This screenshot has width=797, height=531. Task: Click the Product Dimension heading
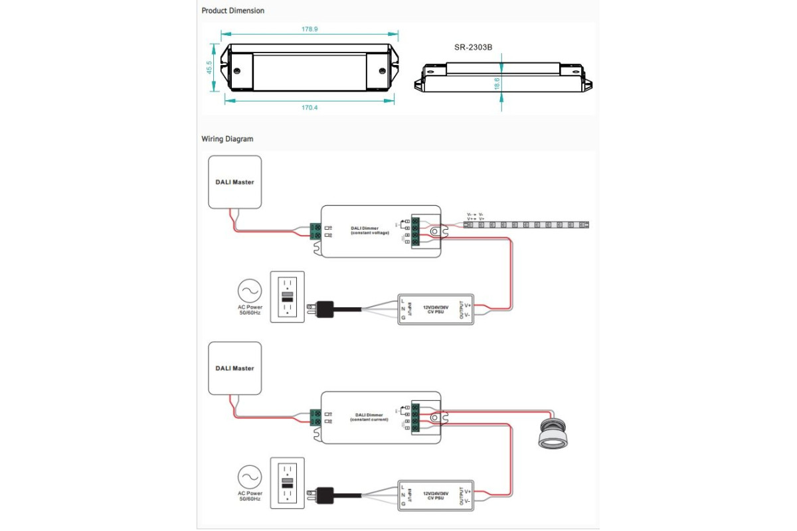tap(233, 11)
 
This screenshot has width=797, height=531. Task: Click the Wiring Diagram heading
tap(227, 139)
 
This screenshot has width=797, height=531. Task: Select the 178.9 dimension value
tap(310, 29)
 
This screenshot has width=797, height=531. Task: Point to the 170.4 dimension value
tap(310, 108)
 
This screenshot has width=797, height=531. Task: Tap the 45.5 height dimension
tap(209, 67)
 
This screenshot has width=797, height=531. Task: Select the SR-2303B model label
tap(473, 48)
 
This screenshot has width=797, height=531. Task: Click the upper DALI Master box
tap(234, 181)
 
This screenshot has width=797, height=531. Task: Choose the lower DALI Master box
tap(234, 368)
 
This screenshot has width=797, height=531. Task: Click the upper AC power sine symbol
tap(250, 290)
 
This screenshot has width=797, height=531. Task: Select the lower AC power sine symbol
tap(250, 476)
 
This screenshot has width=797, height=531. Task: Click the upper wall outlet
tap(287, 296)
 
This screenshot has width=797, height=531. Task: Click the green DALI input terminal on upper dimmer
tap(316, 231)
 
